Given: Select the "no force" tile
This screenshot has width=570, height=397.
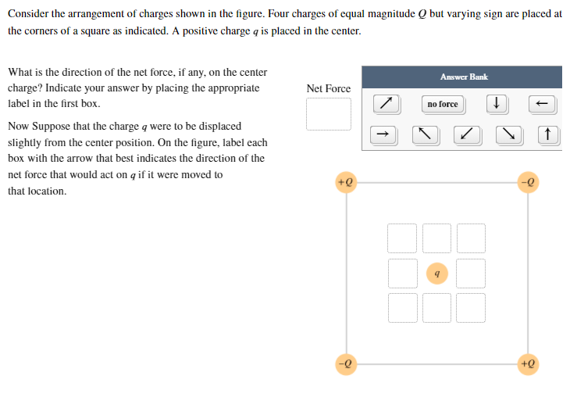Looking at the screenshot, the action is click(x=443, y=104).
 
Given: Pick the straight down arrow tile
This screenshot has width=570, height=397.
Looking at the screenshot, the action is click(x=497, y=104).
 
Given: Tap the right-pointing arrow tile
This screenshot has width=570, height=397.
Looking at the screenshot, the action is click(x=382, y=135).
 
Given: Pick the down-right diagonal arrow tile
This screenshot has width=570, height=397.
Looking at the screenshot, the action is click(x=508, y=135).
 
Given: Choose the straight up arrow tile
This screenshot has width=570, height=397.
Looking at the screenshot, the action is click(x=548, y=135).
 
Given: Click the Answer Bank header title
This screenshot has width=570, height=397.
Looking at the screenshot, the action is click(x=464, y=77).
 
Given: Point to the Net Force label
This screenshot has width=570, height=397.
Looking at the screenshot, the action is click(x=329, y=88).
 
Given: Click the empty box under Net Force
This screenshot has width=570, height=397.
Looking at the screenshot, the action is click(x=329, y=115).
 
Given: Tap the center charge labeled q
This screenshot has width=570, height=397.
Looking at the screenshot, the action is click(x=437, y=274).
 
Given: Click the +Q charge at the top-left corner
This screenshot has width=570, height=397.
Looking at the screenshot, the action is click(x=345, y=182).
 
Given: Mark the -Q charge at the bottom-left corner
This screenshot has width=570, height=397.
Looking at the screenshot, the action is click(x=345, y=364).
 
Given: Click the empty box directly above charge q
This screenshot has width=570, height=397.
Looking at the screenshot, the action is click(x=437, y=238).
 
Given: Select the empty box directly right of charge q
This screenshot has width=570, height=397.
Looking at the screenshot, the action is click(x=472, y=274).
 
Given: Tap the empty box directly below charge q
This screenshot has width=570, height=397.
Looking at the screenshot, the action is click(x=437, y=308).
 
